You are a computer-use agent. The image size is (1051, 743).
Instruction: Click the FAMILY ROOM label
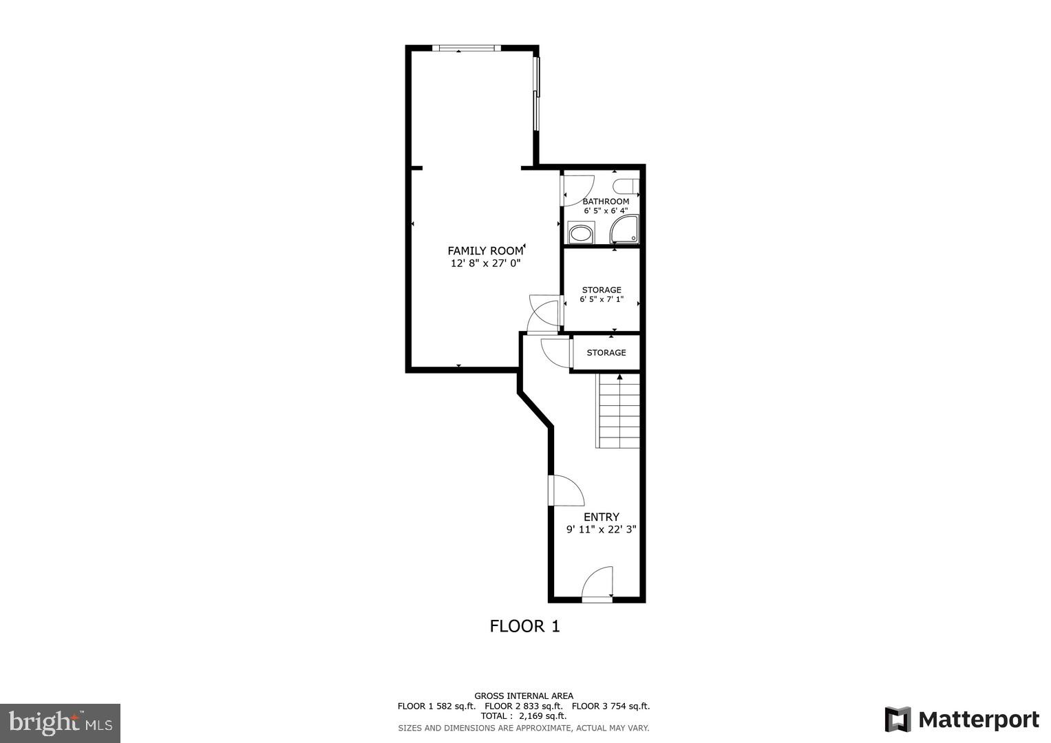(x=485, y=251)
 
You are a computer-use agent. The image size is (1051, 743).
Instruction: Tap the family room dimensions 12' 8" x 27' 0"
(x=485, y=263)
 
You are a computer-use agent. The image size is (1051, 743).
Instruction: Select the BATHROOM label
(x=606, y=202)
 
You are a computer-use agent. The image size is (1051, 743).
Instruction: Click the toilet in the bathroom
(x=626, y=186)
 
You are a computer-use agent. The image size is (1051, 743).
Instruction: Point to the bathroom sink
(x=580, y=233)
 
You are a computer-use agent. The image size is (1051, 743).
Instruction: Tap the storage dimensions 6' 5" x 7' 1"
(x=602, y=300)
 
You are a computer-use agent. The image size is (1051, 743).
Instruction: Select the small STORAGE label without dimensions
(x=606, y=353)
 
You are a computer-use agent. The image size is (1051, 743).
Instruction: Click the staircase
(x=618, y=411)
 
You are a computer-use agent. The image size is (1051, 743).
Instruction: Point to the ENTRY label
(x=602, y=517)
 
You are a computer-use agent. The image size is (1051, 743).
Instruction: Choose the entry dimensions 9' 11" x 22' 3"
(x=602, y=530)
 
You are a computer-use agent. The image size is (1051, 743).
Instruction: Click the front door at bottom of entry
(x=597, y=585)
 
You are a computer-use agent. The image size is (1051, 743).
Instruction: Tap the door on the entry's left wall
(x=566, y=490)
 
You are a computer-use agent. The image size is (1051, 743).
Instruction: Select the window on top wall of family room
(x=467, y=48)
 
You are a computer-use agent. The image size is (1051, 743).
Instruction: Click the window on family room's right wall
(x=537, y=94)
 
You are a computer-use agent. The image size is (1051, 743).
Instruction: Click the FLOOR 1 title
(x=524, y=626)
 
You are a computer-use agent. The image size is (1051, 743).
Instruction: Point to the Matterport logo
(x=962, y=720)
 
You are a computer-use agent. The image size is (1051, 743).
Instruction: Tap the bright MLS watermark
(x=61, y=722)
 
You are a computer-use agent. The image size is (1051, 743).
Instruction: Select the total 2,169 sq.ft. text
(x=523, y=716)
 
